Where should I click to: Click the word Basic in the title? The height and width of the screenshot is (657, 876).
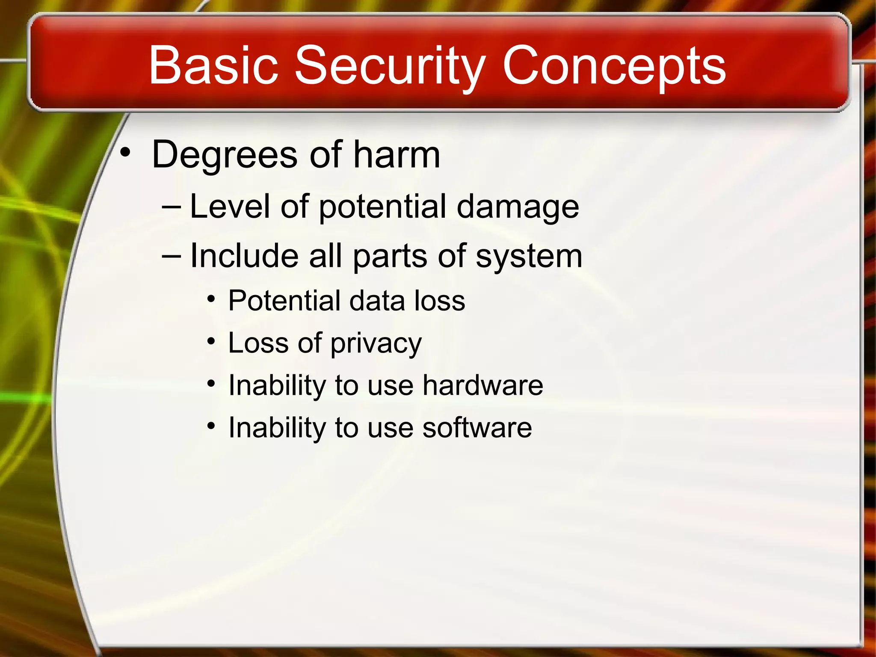pyautogui.click(x=213, y=65)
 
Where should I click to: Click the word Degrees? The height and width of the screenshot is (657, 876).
pyautogui.click(x=224, y=155)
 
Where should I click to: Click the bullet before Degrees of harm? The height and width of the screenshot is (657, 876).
pyautogui.click(x=124, y=152)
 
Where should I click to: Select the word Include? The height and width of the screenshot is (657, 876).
pyautogui.click(x=243, y=256)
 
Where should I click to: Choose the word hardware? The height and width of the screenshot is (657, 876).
pyautogui.click(x=482, y=385)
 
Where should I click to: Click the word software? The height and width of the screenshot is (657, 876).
pyautogui.click(x=477, y=427)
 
